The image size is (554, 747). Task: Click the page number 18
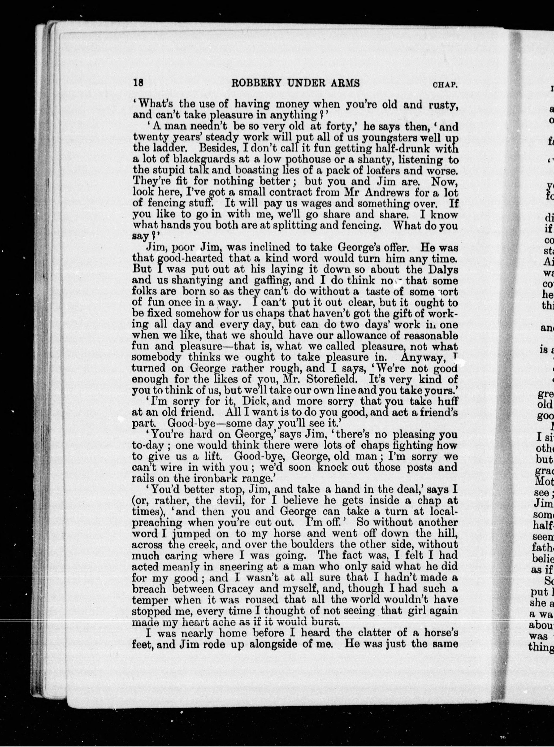pos(138,83)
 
